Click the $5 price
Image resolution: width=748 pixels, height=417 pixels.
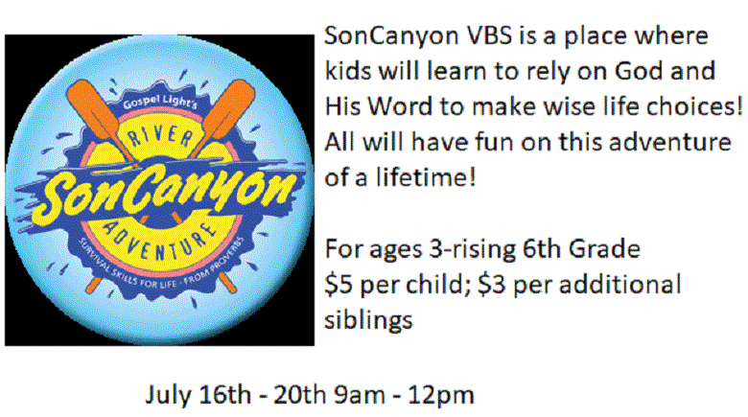tap(339, 285)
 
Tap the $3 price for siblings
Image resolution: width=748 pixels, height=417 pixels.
tap(492, 285)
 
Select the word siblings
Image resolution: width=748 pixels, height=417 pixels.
tap(368, 319)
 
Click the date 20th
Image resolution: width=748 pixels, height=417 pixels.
tap(299, 395)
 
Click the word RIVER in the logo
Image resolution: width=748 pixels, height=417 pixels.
tap(160, 137)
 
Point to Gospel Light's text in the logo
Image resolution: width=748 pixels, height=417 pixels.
tap(160, 102)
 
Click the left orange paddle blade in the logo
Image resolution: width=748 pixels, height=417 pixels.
tap(93, 110)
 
